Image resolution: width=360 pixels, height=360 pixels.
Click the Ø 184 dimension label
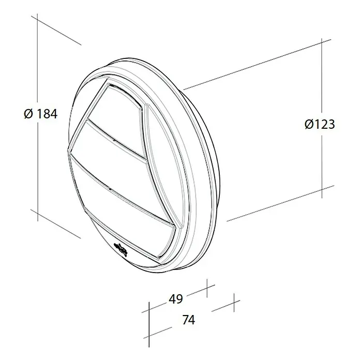tap(41, 114)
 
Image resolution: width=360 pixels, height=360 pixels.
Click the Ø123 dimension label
tap(320, 125)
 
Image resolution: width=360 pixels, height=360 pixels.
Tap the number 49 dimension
tap(176, 299)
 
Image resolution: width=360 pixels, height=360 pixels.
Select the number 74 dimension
tap(189, 320)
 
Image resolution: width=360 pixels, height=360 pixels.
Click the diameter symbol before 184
tap(28, 114)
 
